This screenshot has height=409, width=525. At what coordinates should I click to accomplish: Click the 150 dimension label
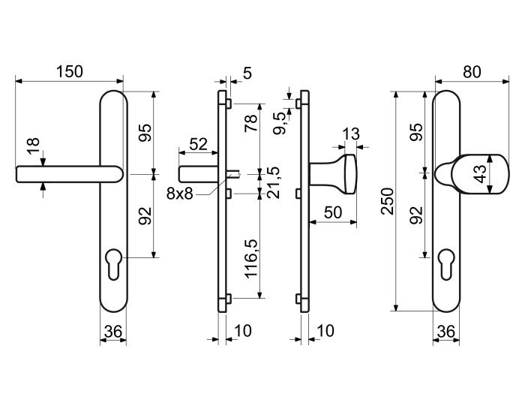coord(69,72)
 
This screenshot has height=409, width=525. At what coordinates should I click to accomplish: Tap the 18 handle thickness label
coord(34,146)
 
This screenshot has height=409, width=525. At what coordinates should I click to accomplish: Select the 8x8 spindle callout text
coord(180,194)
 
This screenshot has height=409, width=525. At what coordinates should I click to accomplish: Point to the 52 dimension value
coord(199,144)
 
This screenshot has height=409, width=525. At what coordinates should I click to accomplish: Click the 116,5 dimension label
coord(251,259)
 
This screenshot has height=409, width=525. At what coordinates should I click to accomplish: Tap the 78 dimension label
coord(251,123)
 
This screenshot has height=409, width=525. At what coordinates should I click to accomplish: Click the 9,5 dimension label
coord(280,123)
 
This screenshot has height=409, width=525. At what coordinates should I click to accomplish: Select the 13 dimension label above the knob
coord(351,134)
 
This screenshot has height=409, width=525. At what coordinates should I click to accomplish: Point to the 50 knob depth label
coord(333,212)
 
